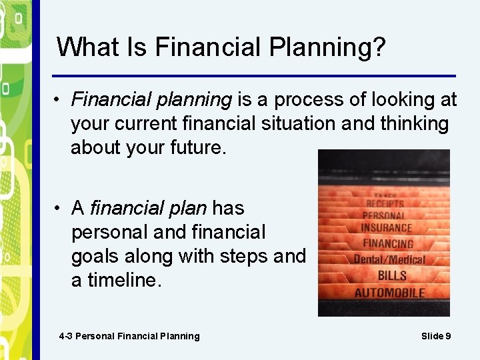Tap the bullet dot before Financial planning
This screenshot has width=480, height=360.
tap(59, 100)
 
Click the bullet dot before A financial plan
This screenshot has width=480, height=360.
tap(59, 209)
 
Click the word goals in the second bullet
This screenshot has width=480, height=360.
tap(97, 257)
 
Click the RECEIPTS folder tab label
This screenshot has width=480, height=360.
tap(385, 203)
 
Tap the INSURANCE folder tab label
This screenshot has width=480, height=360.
tap(387, 228)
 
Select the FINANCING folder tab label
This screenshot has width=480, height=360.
tap(388, 243)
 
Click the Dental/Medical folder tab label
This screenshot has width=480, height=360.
tap(389, 259)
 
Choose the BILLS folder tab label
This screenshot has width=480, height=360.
tap(392, 275)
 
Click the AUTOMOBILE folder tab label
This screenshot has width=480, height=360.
tap(390, 293)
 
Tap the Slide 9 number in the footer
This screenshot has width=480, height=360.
tap(436, 336)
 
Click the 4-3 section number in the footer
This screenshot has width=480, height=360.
tap(65, 336)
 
